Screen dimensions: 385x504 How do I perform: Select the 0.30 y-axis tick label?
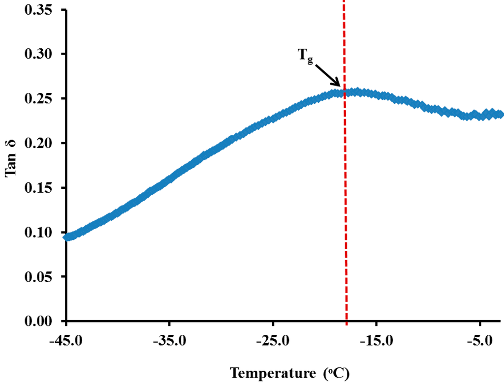click(x=40, y=54)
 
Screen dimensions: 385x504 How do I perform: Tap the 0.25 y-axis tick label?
click(x=40, y=98)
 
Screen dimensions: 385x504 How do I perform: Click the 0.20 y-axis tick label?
click(x=40, y=143)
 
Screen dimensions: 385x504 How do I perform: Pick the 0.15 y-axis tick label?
click(x=40, y=187)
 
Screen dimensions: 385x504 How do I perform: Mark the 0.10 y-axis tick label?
click(x=40, y=232)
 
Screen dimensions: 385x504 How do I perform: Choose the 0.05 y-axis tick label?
click(x=40, y=276)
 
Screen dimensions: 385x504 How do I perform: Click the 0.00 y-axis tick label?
click(x=40, y=321)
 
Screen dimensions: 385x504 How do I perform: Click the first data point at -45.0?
click(x=67, y=237)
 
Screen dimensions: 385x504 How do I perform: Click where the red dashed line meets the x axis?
click(x=346, y=321)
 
